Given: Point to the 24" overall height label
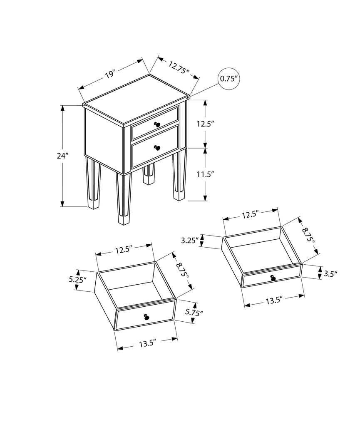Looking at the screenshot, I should click(62, 156).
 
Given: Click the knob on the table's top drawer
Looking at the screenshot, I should click(157, 124).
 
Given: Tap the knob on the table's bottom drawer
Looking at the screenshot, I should click(157, 147).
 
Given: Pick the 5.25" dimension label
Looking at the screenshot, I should click(78, 280).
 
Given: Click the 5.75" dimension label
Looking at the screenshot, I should click(195, 313).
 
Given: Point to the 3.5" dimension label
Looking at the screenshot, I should click(330, 273).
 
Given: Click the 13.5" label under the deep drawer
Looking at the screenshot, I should click(147, 343).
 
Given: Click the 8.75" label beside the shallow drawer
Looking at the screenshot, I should click(309, 235).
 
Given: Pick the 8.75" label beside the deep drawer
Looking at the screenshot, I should click(182, 271).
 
